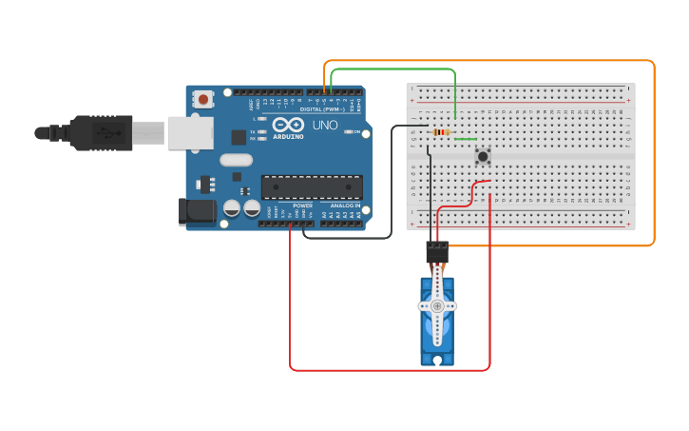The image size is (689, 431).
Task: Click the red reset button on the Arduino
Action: tap(203, 98)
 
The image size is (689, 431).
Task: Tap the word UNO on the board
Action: tap(325, 126)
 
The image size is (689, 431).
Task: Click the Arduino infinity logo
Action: tap(288, 125)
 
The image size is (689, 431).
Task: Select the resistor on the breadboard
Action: tap(442, 131)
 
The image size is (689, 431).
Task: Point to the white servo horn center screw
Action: tap(437, 306)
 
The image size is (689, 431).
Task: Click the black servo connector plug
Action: tap(437, 252)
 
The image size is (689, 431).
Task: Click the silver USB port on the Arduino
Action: tap(190, 133)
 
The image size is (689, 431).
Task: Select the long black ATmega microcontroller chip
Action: tap(312, 188)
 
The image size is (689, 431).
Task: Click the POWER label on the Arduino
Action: tap(303, 206)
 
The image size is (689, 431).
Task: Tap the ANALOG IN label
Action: tap(345, 206)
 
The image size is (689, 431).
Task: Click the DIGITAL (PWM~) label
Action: tap(324, 109)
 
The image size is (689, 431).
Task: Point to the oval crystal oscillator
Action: tap(237, 160)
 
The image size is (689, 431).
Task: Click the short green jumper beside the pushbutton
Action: tap(466, 140)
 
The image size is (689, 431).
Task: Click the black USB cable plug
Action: tap(100, 133)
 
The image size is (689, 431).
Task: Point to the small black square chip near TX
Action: tap(239, 137)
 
